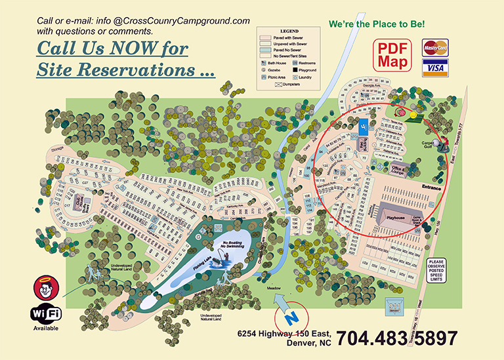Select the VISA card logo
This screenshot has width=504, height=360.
434,68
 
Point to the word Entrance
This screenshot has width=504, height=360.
431,188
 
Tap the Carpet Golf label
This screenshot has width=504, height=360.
429,144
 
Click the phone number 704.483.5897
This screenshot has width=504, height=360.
396,338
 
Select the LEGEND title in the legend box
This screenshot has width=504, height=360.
289,31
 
